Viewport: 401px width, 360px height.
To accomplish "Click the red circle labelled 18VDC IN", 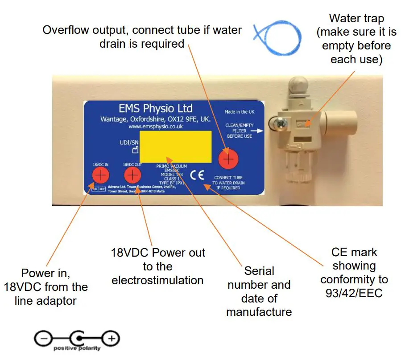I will [x=101, y=175].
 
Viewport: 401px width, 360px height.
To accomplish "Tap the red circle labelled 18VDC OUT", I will [x=132, y=175].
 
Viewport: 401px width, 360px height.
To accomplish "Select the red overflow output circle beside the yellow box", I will [x=228, y=159].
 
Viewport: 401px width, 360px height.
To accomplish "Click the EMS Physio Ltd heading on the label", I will [x=156, y=108].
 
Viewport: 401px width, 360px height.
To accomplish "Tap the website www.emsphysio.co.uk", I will [x=155, y=127].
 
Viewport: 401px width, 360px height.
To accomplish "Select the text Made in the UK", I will [x=240, y=112].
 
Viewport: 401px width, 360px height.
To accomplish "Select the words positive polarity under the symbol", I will [x=77, y=348].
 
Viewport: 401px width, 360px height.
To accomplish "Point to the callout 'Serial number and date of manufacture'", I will [x=259, y=291].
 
